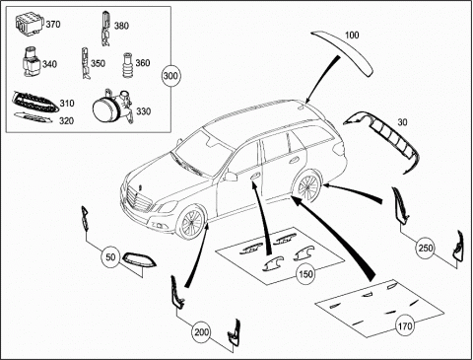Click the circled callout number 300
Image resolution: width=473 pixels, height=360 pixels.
pos(170,76)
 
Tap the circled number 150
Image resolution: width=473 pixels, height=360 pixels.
pos(305,273)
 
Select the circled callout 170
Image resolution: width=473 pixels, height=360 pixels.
pos(405,325)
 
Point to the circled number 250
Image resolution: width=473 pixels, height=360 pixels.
pos(425,248)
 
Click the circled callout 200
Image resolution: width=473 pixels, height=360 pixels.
pos(201,332)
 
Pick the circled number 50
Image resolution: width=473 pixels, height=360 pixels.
pos(110,256)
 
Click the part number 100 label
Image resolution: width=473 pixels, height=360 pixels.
pos(352,36)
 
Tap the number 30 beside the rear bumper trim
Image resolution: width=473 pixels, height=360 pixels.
pos(402,122)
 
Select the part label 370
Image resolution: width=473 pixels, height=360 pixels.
pos(53,25)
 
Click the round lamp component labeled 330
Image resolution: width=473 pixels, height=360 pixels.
pos(112,108)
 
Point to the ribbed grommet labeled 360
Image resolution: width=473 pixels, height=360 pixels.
pos(128,65)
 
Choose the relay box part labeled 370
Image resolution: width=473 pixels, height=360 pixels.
pos(30,24)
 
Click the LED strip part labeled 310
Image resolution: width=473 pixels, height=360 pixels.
pos(35,102)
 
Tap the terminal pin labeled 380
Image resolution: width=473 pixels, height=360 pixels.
pos(105,29)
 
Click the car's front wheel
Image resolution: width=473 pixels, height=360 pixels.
pos(191,223)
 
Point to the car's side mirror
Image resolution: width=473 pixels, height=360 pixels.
pos(231,177)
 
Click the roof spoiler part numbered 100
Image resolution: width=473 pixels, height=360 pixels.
pos(343,52)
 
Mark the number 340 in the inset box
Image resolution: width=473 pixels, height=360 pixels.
pos(49,64)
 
